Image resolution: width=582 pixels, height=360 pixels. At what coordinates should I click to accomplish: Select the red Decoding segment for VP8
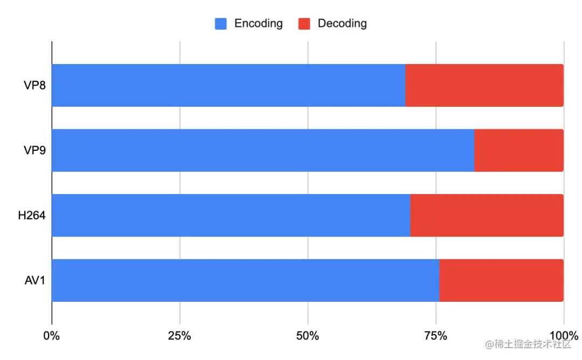pos(484,85)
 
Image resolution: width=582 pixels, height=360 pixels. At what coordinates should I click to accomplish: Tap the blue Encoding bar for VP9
pos(262,150)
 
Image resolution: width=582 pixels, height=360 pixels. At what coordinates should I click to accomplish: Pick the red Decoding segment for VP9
pos(518,150)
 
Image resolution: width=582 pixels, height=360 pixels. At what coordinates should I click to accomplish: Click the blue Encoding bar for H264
pos(231,215)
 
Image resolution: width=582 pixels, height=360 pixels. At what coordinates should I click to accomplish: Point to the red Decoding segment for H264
pos(487,215)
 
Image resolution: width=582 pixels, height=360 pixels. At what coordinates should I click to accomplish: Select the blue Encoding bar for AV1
pos(245,280)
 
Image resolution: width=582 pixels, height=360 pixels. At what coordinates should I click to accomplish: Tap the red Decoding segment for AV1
pos(501,280)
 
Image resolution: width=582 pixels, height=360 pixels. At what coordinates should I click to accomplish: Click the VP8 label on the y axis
pos(34,85)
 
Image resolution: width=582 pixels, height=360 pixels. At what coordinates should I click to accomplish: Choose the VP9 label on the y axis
pos(34,150)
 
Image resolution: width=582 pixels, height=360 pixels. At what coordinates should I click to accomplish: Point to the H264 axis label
pos(31,215)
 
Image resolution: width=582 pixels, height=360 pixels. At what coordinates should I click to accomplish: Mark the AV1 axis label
pos(34,280)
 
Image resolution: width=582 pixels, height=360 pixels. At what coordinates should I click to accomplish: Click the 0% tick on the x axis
pos(52,336)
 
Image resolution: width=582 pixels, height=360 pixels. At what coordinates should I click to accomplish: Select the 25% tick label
pos(179,336)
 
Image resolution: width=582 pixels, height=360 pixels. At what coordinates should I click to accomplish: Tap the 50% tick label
pos(307,336)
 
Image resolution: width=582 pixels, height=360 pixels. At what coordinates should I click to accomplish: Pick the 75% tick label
pos(435,336)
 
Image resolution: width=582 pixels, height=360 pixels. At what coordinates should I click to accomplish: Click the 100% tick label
pos(563,336)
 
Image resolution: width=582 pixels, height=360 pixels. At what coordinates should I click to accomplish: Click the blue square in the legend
pos(221,24)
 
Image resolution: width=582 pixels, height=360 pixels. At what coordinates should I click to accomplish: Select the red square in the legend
pos(304,24)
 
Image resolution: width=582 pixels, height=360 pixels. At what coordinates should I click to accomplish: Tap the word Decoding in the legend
pos(342,24)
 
